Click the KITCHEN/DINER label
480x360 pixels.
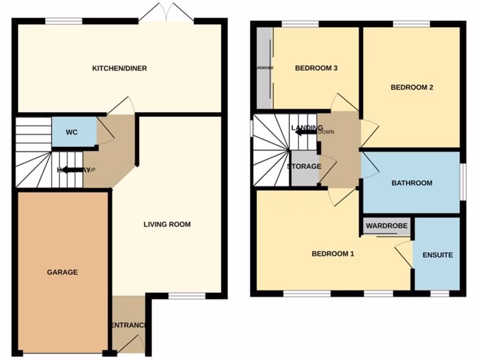(x=119, y=68)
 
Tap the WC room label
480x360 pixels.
(x=71, y=132)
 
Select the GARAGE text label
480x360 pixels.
(x=62, y=272)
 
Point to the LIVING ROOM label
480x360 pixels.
(x=167, y=225)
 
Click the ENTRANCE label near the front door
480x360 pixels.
(x=128, y=325)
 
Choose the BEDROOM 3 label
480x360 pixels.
(x=316, y=68)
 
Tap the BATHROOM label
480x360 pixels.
(x=412, y=183)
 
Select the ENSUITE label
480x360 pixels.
(x=437, y=255)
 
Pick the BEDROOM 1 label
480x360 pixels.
(x=333, y=254)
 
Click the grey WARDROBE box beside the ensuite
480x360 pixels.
(x=387, y=226)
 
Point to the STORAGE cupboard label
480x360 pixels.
(x=304, y=166)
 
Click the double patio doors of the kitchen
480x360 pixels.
(x=166, y=13)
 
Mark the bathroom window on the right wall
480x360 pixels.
(x=463, y=182)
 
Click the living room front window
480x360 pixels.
(x=187, y=296)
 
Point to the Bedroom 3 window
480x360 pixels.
(x=300, y=24)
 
